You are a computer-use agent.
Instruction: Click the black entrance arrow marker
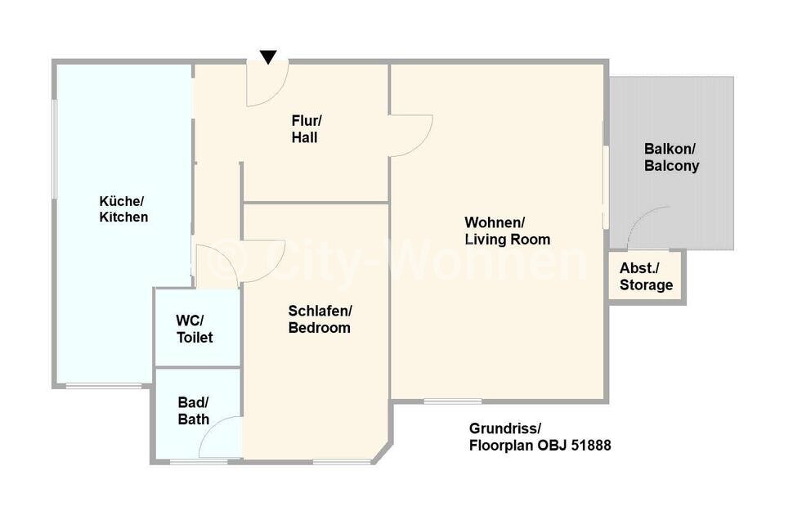tap(268, 56)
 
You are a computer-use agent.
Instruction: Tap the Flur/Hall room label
tap(307, 129)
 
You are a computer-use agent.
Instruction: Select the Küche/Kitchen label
tap(123, 208)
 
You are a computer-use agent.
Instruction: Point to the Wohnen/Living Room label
tap(507, 231)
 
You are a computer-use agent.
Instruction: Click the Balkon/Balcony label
tap(672, 157)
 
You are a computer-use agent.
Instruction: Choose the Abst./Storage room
tap(646, 276)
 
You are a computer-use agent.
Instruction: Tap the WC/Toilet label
tap(195, 329)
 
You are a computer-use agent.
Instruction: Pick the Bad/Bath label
tap(193, 410)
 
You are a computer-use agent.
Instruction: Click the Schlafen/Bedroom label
tap(320, 319)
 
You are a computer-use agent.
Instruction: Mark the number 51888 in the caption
tap(591, 445)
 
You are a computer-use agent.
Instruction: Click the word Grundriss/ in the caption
tap(505, 428)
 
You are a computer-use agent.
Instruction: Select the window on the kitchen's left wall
tap(55, 149)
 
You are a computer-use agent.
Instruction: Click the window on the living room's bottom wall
tap(453, 401)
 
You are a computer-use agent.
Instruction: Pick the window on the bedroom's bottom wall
tap(342, 461)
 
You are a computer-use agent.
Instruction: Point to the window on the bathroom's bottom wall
tap(198, 461)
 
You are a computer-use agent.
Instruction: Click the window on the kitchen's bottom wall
tap(104, 386)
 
